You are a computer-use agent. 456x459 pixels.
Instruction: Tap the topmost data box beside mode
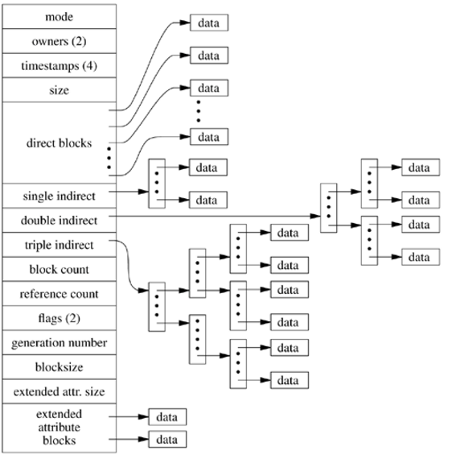click(x=208, y=23)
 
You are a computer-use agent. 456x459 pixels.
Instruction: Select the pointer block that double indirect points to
click(x=327, y=209)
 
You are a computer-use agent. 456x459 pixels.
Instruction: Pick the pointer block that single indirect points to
click(x=157, y=184)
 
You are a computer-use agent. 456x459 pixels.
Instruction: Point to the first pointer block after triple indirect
click(x=156, y=306)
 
